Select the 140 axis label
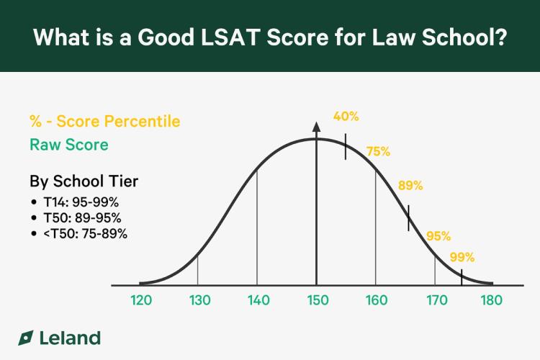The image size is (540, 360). tap(258, 300)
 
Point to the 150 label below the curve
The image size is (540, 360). tap(317, 300)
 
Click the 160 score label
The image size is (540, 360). tap(375, 300)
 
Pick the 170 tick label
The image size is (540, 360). tap(434, 300)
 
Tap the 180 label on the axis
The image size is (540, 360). tap(492, 300)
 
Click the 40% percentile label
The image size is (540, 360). tap(346, 116)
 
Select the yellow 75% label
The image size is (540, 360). tap(378, 151)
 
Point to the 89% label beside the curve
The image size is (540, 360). tap(410, 185)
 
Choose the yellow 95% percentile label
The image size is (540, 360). tap(438, 236)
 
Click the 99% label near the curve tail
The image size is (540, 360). tap(462, 257)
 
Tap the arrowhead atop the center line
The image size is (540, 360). tap(316, 127)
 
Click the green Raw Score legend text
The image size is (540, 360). tap(68, 145)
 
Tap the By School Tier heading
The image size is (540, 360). tap(84, 181)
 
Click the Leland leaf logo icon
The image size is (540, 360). tap(26, 338)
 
